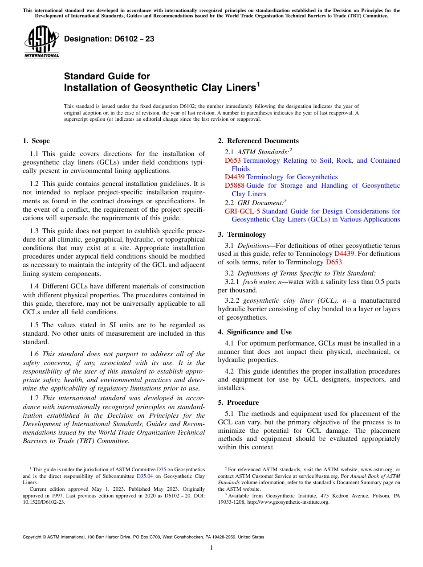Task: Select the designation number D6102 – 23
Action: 109,39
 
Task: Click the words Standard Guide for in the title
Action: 107,76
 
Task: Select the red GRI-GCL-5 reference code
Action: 242,211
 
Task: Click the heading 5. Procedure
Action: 238,403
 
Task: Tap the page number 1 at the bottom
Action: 211,548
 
